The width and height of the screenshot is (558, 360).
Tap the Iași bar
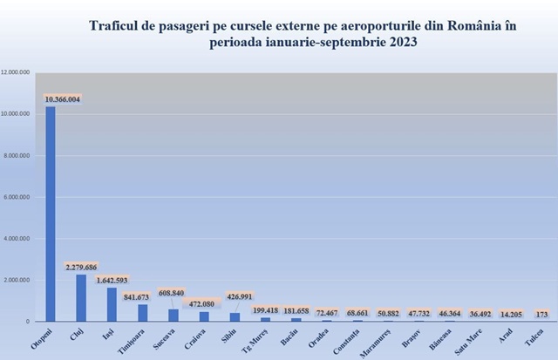point(112,304)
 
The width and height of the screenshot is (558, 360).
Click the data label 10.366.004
point(62,99)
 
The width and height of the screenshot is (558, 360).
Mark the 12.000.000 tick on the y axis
point(17,72)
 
